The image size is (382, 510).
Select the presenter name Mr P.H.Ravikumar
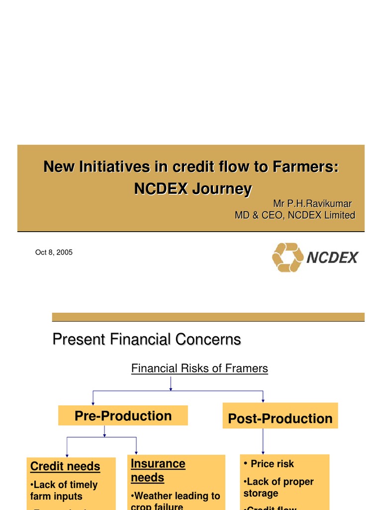point(312,204)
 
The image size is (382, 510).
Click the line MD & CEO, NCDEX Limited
point(295,215)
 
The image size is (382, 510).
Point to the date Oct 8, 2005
point(54,253)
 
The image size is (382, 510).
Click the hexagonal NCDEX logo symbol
point(287,257)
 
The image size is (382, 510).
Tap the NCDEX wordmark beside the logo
point(332,257)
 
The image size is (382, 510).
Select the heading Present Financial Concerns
point(147,340)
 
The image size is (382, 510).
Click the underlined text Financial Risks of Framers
point(199,369)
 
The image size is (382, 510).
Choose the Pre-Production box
point(123,416)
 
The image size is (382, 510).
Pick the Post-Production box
point(280,418)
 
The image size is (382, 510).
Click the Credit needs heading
point(65,467)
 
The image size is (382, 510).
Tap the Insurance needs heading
point(158,470)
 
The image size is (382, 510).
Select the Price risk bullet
point(272,464)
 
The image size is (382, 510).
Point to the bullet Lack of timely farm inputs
point(64,490)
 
